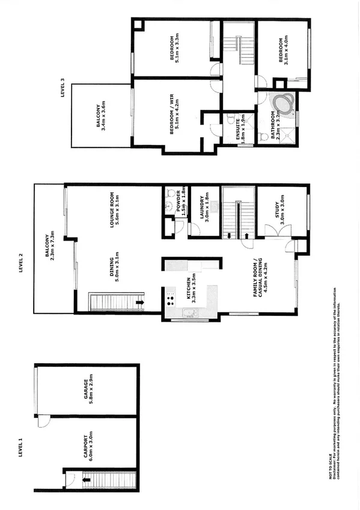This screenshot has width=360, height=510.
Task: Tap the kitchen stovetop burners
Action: [x=171, y=296]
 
